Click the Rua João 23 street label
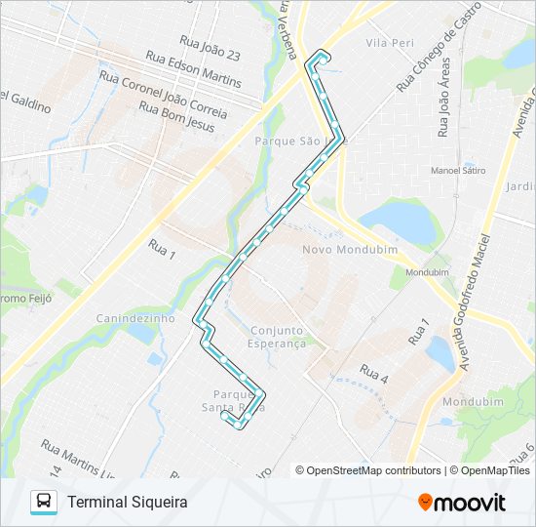(x=210, y=46)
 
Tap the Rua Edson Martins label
(x=193, y=68)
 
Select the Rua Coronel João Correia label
(x=164, y=91)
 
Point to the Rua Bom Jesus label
(x=176, y=109)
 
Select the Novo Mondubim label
(x=337, y=250)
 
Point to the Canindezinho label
(x=135, y=318)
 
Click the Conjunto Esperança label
(x=278, y=337)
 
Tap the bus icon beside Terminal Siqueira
(x=44, y=502)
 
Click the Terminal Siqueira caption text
(x=127, y=502)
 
